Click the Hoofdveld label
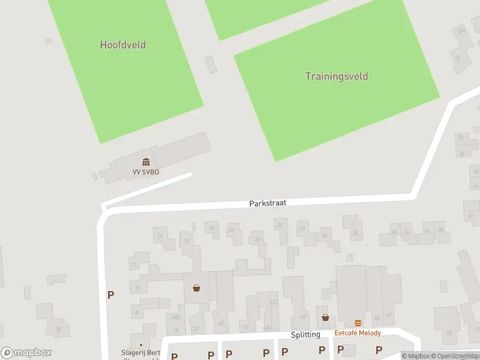point(123,45)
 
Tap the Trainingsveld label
point(337,76)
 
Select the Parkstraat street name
point(268,203)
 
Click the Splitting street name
point(305,334)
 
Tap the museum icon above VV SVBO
point(146,161)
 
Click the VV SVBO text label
point(146,172)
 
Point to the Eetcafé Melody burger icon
point(358,323)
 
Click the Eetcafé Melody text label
point(358,333)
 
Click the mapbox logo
point(26,353)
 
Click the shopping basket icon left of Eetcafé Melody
point(325,317)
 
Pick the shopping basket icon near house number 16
point(196,288)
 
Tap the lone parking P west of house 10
point(110,295)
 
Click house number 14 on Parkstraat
point(160,236)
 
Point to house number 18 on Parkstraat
point(211,228)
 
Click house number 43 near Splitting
point(302,316)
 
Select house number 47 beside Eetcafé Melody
point(389,315)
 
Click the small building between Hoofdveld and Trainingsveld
point(211,64)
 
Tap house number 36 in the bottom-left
point(58,329)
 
